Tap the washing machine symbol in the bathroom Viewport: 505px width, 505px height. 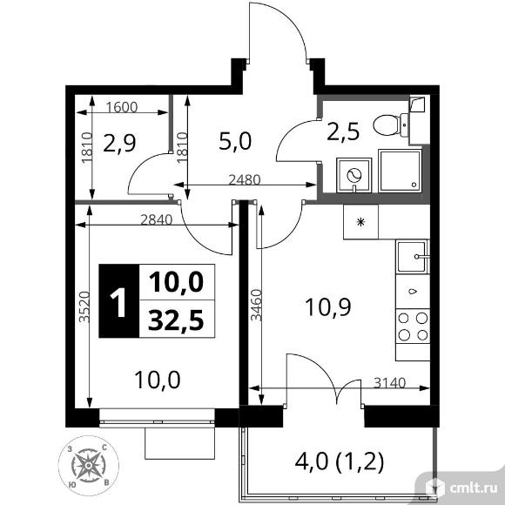tap(354, 176)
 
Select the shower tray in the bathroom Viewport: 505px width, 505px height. tap(400, 171)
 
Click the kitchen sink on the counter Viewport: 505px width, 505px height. tap(412, 256)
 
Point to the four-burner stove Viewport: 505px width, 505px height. tap(413, 327)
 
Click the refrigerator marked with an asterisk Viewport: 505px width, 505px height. tap(360, 222)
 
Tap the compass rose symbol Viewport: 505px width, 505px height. tap(88, 466)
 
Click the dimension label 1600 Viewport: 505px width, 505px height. tap(122, 107)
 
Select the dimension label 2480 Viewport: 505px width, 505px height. tap(244, 179)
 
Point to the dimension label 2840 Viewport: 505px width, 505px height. tap(157, 219)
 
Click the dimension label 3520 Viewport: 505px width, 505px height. tap(84, 306)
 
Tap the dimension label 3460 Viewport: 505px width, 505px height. tap(256, 305)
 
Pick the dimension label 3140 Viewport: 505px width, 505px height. tap(390, 383)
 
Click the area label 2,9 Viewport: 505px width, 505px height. tap(120, 144)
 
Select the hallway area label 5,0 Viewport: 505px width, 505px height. tap(235, 142)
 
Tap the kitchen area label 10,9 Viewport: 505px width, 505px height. tap(328, 307)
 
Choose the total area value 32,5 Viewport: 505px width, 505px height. tap(176, 320)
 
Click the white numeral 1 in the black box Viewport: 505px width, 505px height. tap(118, 302)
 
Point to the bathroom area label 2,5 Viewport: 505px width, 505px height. tap(343, 132)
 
